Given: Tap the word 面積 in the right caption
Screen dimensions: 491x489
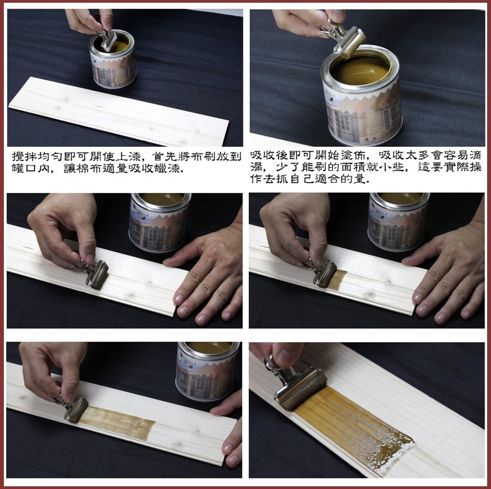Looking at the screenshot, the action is [352, 167].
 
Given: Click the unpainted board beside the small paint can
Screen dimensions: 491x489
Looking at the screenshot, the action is [119, 112].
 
